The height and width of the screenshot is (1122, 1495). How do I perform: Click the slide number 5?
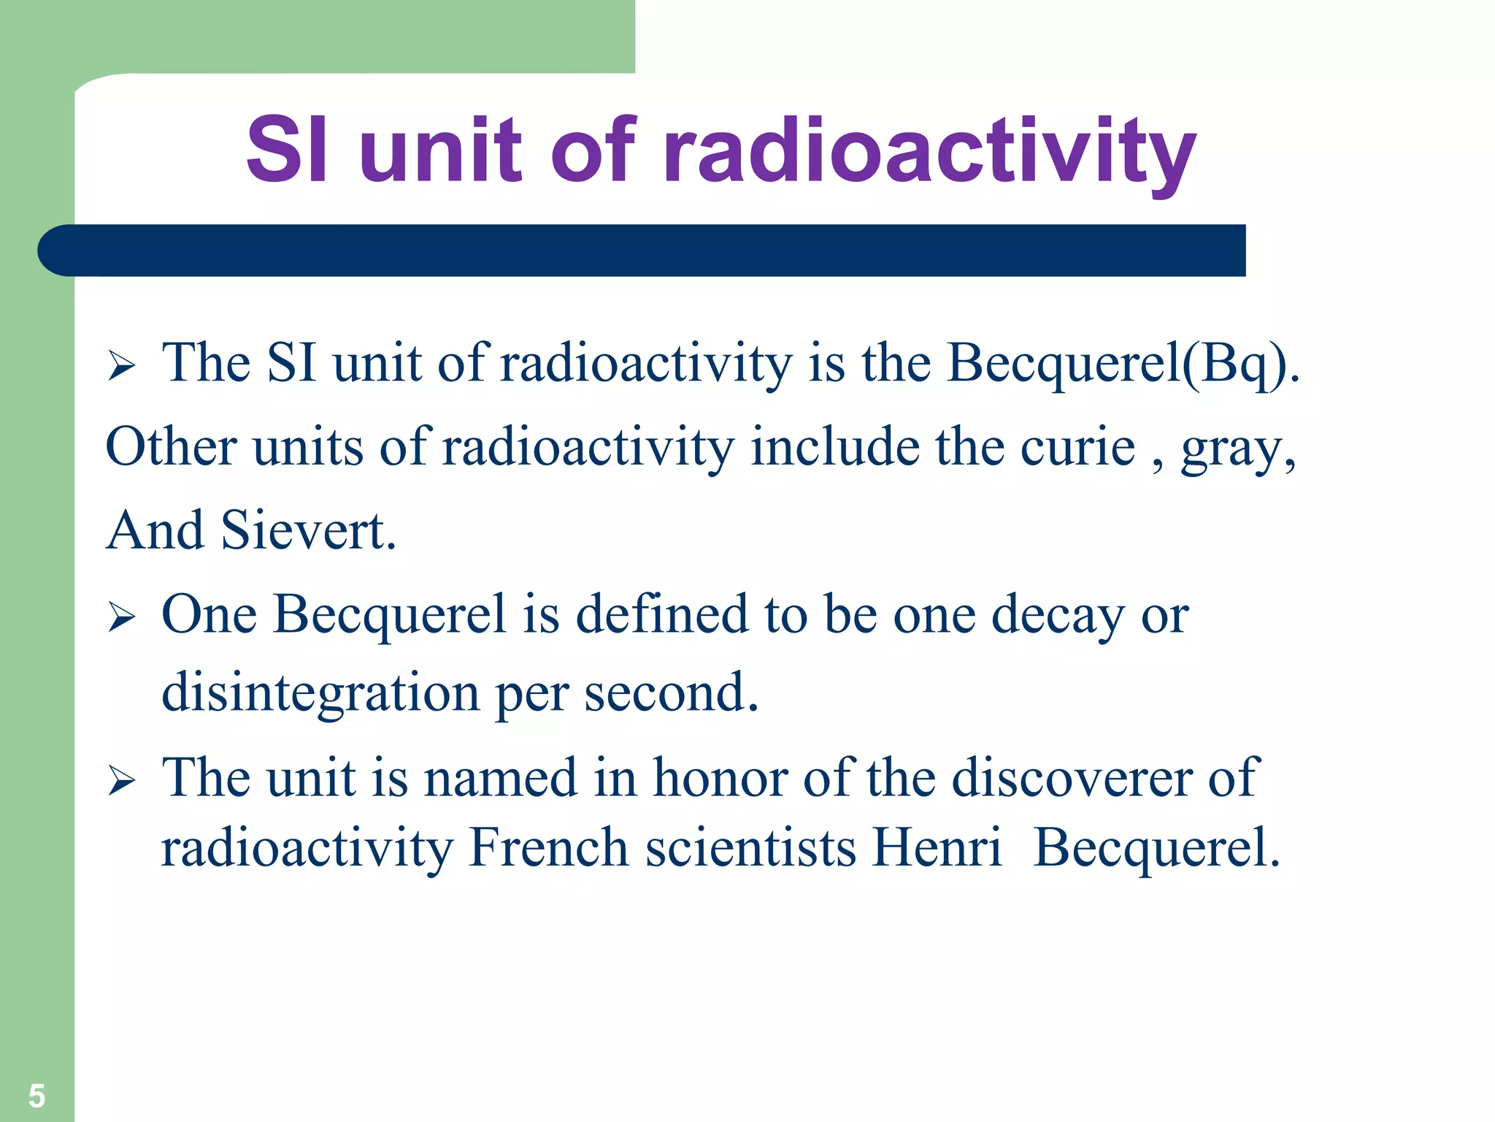point(36,1096)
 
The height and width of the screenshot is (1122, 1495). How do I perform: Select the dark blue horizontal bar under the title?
point(642,251)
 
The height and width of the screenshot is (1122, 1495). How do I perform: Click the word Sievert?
point(302,530)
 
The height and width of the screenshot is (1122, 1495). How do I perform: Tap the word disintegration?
point(320,692)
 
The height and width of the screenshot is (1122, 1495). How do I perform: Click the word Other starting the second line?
point(172,446)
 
